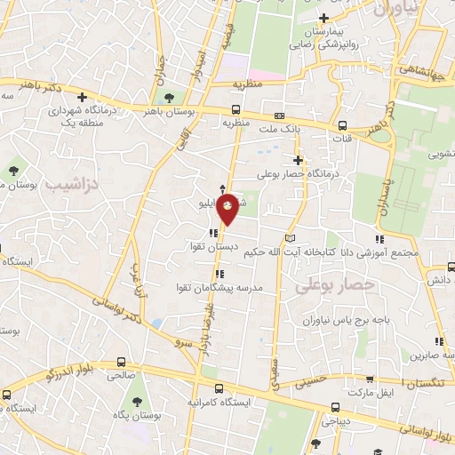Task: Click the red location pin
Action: (228, 208)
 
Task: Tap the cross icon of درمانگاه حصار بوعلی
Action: (299, 160)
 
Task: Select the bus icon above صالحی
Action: (121, 362)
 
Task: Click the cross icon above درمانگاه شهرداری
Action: (82, 97)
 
